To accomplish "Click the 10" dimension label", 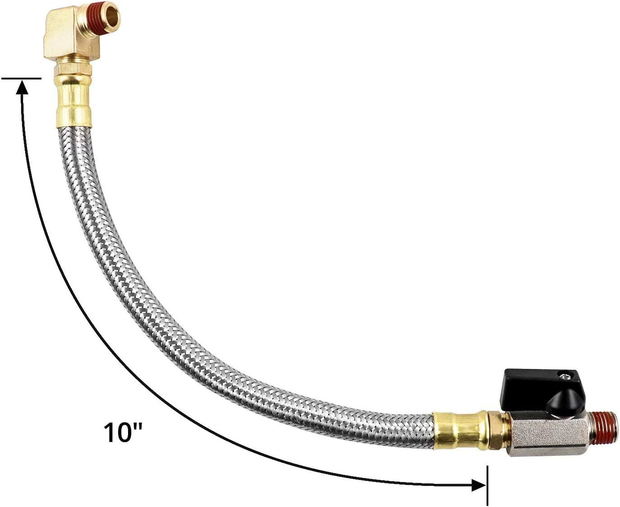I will pyautogui.click(x=123, y=432).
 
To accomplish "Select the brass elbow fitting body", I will pyautogui.click(x=63, y=38).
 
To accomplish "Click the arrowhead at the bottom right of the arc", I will pyautogui.click(x=478, y=485).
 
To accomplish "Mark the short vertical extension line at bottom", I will pyautogui.click(x=487, y=485).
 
